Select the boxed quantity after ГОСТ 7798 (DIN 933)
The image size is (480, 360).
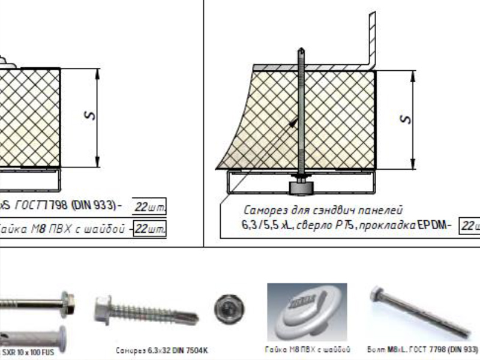click(149, 206)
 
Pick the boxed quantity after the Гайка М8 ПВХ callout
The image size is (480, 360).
click(149, 229)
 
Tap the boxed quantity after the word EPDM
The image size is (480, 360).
click(470, 226)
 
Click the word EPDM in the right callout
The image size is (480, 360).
click(431, 226)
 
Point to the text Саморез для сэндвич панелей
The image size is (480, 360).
click(323, 211)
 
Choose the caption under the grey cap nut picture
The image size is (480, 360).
click(307, 349)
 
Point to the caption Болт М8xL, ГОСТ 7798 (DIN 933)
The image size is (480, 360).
click(422, 349)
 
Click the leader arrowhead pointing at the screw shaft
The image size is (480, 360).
click(292, 123)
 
